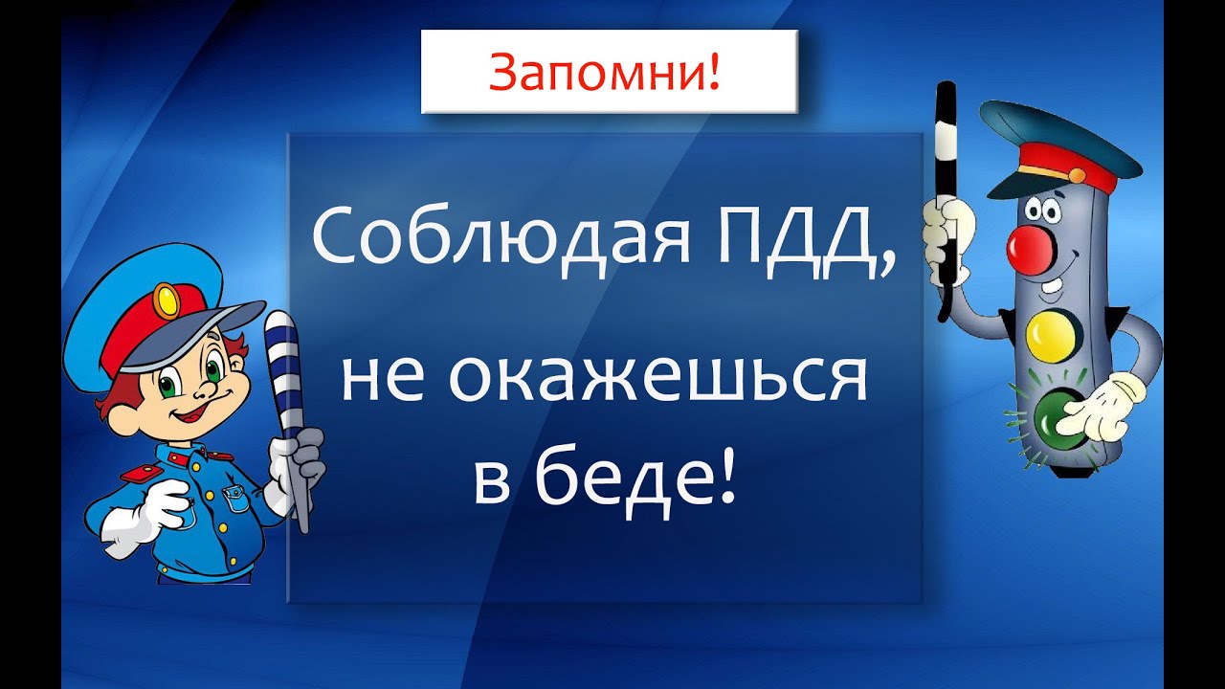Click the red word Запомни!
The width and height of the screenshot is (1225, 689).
604,72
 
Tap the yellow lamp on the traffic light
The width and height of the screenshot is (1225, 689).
1051,335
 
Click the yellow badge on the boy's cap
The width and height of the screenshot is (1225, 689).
167,300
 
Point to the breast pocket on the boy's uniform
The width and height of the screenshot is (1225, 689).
237,499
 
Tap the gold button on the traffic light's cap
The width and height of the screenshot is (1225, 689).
1076,175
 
